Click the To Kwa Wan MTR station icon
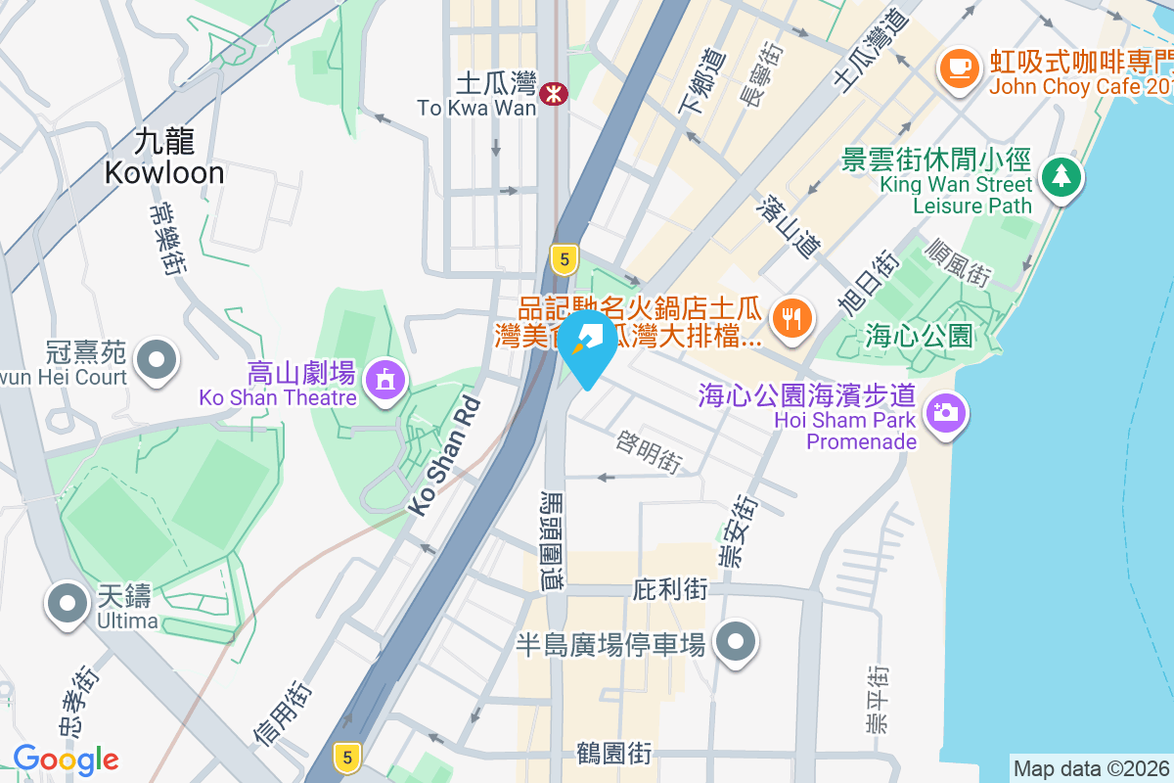pos(556,95)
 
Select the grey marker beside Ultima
pos(67,603)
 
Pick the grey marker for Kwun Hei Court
pos(156,358)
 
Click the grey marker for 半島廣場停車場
pos(736,642)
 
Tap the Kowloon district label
pos(164,158)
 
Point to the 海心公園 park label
pos(919,337)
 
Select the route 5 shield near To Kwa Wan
pos(563,259)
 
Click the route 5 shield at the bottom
pos(345,756)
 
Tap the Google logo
pos(66,760)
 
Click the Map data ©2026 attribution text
pos(1091,769)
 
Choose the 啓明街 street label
pos(649,452)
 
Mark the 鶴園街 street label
pos(613,755)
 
